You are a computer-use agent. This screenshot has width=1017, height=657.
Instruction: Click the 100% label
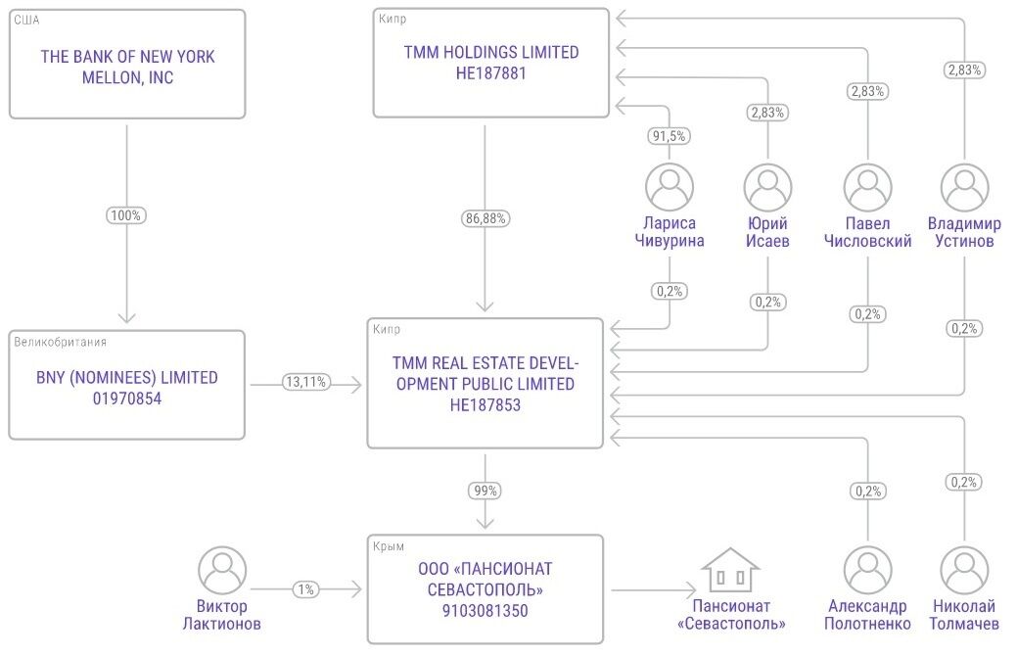[x=126, y=215]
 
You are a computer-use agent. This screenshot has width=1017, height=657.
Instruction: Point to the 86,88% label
[x=485, y=218]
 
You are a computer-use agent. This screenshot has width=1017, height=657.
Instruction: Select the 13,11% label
[x=306, y=382]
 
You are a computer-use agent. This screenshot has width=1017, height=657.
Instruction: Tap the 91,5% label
[x=669, y=136]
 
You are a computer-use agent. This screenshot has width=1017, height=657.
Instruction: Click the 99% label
[x=485, y=491]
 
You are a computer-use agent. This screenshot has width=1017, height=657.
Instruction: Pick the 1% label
[x=305, y=589]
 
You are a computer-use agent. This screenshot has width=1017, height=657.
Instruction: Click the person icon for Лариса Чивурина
[x=670, y=187]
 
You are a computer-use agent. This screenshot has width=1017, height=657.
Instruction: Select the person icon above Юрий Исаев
[x=768, y=187]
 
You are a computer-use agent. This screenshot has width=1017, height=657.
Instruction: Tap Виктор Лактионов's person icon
[x=222, y=570]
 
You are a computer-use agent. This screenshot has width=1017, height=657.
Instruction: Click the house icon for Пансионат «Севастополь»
[x=730, y=570]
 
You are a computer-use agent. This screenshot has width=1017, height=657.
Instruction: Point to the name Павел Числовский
[x=868, y=232]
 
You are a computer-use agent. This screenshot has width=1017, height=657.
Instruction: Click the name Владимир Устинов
[x=964, y=232]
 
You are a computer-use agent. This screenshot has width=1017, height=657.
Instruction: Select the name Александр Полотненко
[x=868, y=615]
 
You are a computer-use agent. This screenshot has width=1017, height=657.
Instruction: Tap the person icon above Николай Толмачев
[x=964, y=570]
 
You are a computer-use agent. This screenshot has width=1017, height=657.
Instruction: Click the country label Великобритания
[x=61, y=342]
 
